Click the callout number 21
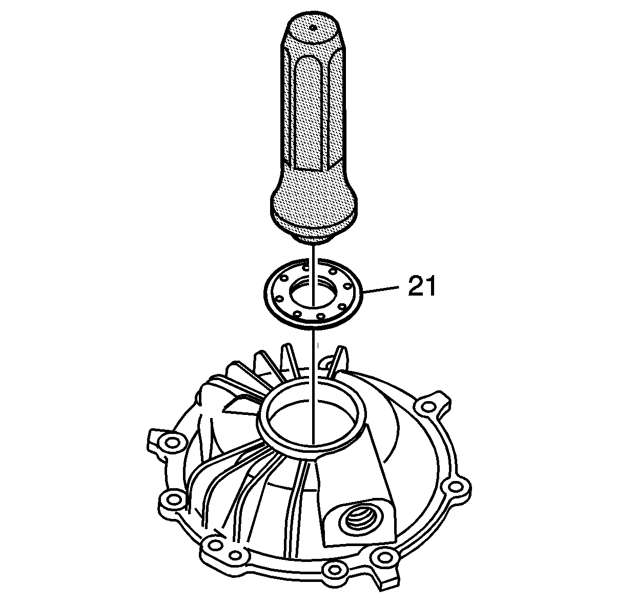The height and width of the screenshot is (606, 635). coord(422,286)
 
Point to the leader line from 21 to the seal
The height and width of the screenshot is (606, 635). coord(380,289)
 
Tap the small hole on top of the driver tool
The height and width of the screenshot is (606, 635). coord(312,28)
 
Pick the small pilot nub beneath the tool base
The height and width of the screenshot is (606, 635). coord(313,239)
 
